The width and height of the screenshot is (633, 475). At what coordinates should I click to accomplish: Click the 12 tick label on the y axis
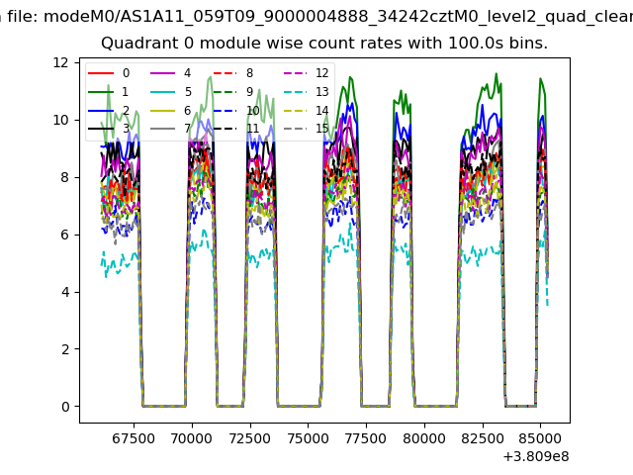click(x=60, y=62)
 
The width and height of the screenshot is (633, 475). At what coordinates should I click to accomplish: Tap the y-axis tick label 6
click(x=63, y=235)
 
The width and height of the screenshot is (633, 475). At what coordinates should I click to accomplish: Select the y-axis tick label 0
click(x=63, y=407)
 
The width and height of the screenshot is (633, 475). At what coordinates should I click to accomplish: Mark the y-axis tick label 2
click(x=63, y=349)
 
